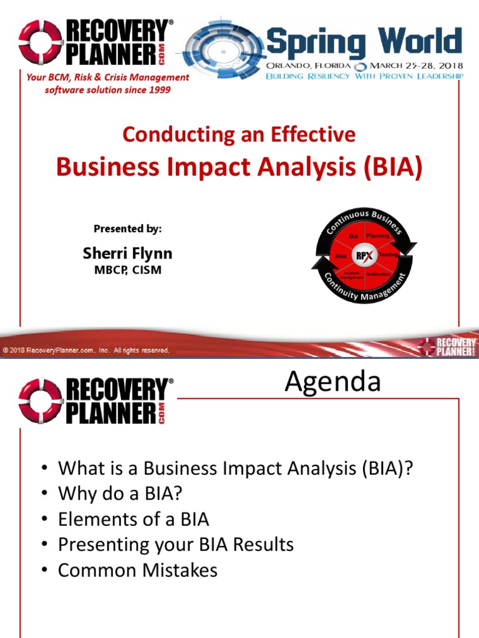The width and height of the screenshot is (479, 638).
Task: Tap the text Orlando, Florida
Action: point(307,65)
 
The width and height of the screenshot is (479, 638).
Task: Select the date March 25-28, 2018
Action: point(415,65)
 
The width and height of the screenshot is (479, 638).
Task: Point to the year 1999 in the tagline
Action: point(159,90)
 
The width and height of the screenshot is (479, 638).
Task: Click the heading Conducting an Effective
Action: point(239,134)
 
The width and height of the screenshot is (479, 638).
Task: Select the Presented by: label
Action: point(127,229)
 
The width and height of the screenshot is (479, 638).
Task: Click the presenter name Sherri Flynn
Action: point(127,254)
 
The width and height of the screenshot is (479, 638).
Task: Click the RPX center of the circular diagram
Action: point(361,255)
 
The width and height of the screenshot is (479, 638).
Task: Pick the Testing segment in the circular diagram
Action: point(388,255)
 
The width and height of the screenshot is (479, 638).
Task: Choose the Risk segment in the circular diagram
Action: point(341,256)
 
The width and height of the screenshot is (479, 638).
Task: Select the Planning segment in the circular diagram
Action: point(377,236)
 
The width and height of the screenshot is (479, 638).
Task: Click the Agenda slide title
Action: point(332,382)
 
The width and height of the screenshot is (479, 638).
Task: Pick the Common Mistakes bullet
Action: point(137,570)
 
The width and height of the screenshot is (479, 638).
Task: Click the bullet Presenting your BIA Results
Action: point(175,545)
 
